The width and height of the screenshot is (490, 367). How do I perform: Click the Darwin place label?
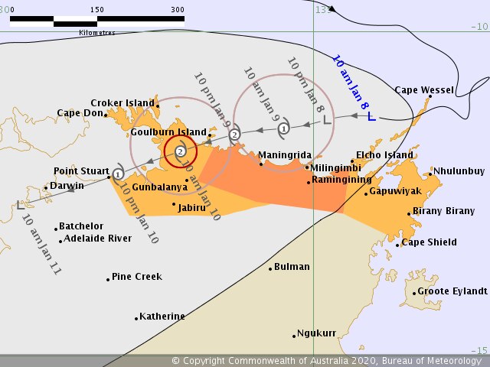[67, 185]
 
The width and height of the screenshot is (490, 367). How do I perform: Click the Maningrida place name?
[284, 154]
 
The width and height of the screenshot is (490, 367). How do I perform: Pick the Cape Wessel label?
[424, 90]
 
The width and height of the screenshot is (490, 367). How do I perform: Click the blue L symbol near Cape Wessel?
[371, 117]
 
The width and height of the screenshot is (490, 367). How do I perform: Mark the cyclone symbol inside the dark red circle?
[180, 151]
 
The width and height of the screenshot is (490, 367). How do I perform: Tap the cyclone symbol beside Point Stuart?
[118, 174]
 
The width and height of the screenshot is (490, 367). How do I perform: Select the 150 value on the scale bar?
[97, 10]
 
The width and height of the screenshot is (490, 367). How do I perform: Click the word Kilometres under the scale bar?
[97, 33]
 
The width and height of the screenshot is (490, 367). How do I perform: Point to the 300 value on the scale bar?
[178, 10]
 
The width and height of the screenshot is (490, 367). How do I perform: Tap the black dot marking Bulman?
[270, 268]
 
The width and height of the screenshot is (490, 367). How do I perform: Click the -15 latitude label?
[479, 350]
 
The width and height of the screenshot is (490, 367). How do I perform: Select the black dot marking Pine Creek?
[108, 279]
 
